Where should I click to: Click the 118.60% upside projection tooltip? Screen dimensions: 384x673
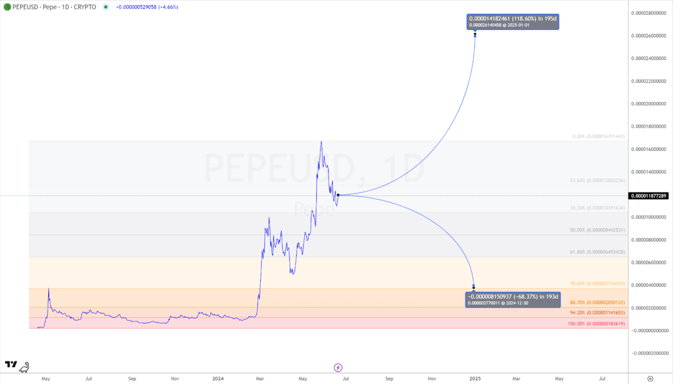pos(513,22)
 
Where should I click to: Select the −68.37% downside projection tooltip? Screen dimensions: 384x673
pos(513,299)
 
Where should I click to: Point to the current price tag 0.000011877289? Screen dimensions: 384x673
pos(649,196)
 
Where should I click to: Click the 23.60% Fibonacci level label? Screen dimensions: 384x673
pos(596,181)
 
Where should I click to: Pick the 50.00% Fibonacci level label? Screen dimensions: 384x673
pos(596,230)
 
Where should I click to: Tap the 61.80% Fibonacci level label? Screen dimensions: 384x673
pos(596,252)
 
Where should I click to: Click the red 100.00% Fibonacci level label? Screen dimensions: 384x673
pos(596,323)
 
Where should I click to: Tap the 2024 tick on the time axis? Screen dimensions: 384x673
pos(218,378)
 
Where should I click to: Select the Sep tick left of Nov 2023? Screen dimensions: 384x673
pos(132,378)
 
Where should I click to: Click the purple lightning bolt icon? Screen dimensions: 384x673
pos(338,367)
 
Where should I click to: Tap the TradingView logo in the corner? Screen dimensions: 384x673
pos(11,365)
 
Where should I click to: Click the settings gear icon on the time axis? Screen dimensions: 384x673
pos(650,378)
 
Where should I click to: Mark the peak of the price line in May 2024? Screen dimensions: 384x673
pos(321,141)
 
